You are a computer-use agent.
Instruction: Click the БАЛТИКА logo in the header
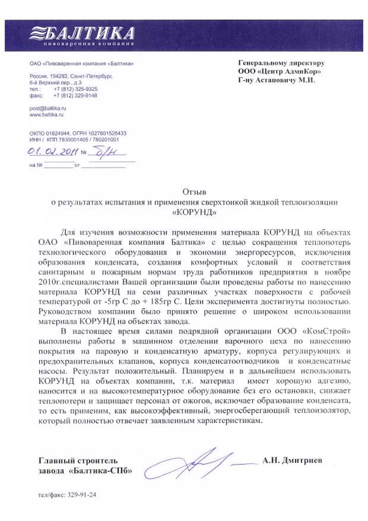tap(82, 33)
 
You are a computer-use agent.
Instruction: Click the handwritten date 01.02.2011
tap(53, 151)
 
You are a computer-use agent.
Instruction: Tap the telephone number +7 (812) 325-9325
tap(76, 89)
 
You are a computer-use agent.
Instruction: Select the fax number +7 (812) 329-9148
tap(75, 95)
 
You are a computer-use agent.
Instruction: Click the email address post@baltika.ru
tap(48, 108)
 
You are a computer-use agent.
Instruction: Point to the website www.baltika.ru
tap(46, 114)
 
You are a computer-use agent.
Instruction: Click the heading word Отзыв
tap(194, 192)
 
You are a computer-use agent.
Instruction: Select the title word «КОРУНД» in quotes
tap(194, 212)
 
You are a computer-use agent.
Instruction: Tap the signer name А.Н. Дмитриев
tap(292, 460)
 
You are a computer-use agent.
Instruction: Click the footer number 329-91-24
tap(82, 495)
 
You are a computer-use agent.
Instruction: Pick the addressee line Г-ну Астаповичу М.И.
tap(276, 80)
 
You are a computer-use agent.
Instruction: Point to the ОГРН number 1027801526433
tap(108, 133)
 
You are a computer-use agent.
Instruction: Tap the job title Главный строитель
tap(78, 460)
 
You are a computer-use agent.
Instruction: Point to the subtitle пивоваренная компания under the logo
tap(89, 43)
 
